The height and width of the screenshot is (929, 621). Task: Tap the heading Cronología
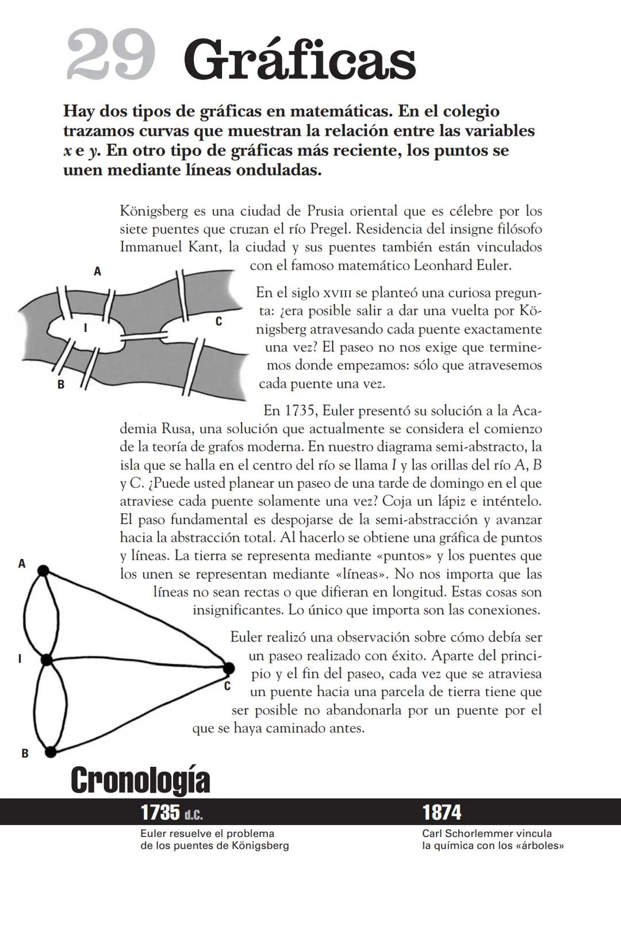coord(140,780)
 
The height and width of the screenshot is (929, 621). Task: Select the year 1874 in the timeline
coord(442,812)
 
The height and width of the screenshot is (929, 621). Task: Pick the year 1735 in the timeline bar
coord(160,812)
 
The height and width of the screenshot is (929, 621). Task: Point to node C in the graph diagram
coord(228,668)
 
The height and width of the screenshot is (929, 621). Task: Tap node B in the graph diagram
coord(51,751)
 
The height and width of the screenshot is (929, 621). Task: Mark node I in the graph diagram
coord(47,660)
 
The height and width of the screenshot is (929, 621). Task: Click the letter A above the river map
coord(98,271)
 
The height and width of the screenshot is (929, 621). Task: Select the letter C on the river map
coord(218,322)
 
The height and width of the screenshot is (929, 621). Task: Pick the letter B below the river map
coord(60,385)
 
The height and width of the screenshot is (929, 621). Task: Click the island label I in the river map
coord(86,328)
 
